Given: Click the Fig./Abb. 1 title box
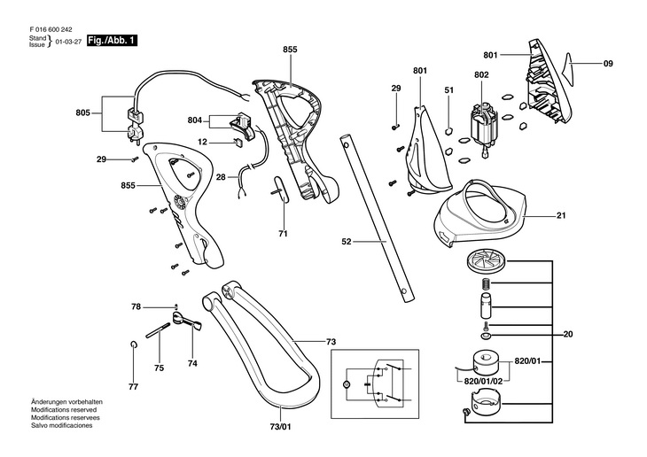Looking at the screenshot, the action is (x=112, y=41).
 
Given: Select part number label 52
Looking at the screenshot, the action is (x=347, y=241).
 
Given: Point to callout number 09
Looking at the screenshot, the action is (x=608, y=64).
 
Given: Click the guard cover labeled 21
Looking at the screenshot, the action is (x=480, y=213).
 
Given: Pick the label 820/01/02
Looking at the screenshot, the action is (x=483, y=381).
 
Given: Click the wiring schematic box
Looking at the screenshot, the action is (x=375, y=384).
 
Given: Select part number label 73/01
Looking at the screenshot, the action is (x=281, y=427).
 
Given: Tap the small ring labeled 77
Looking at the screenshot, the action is (x=133, y=345).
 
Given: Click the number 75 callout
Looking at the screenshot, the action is (x=159, y=368).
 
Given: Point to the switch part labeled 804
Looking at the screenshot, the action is (x=243, y=127).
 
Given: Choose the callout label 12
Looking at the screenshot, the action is (x=202, y=142).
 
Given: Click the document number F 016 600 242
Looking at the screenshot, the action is (x=51, y=30).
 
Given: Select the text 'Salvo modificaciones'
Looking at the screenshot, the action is (x=62, y=425).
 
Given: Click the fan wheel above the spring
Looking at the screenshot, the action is (x=486, y=263).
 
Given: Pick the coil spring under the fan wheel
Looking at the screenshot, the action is (x=487, y=283).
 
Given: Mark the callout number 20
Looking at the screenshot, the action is (x=568, y=334).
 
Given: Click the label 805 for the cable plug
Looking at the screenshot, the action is (x=83, y=112).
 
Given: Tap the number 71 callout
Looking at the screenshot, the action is (x=283, y=234).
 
